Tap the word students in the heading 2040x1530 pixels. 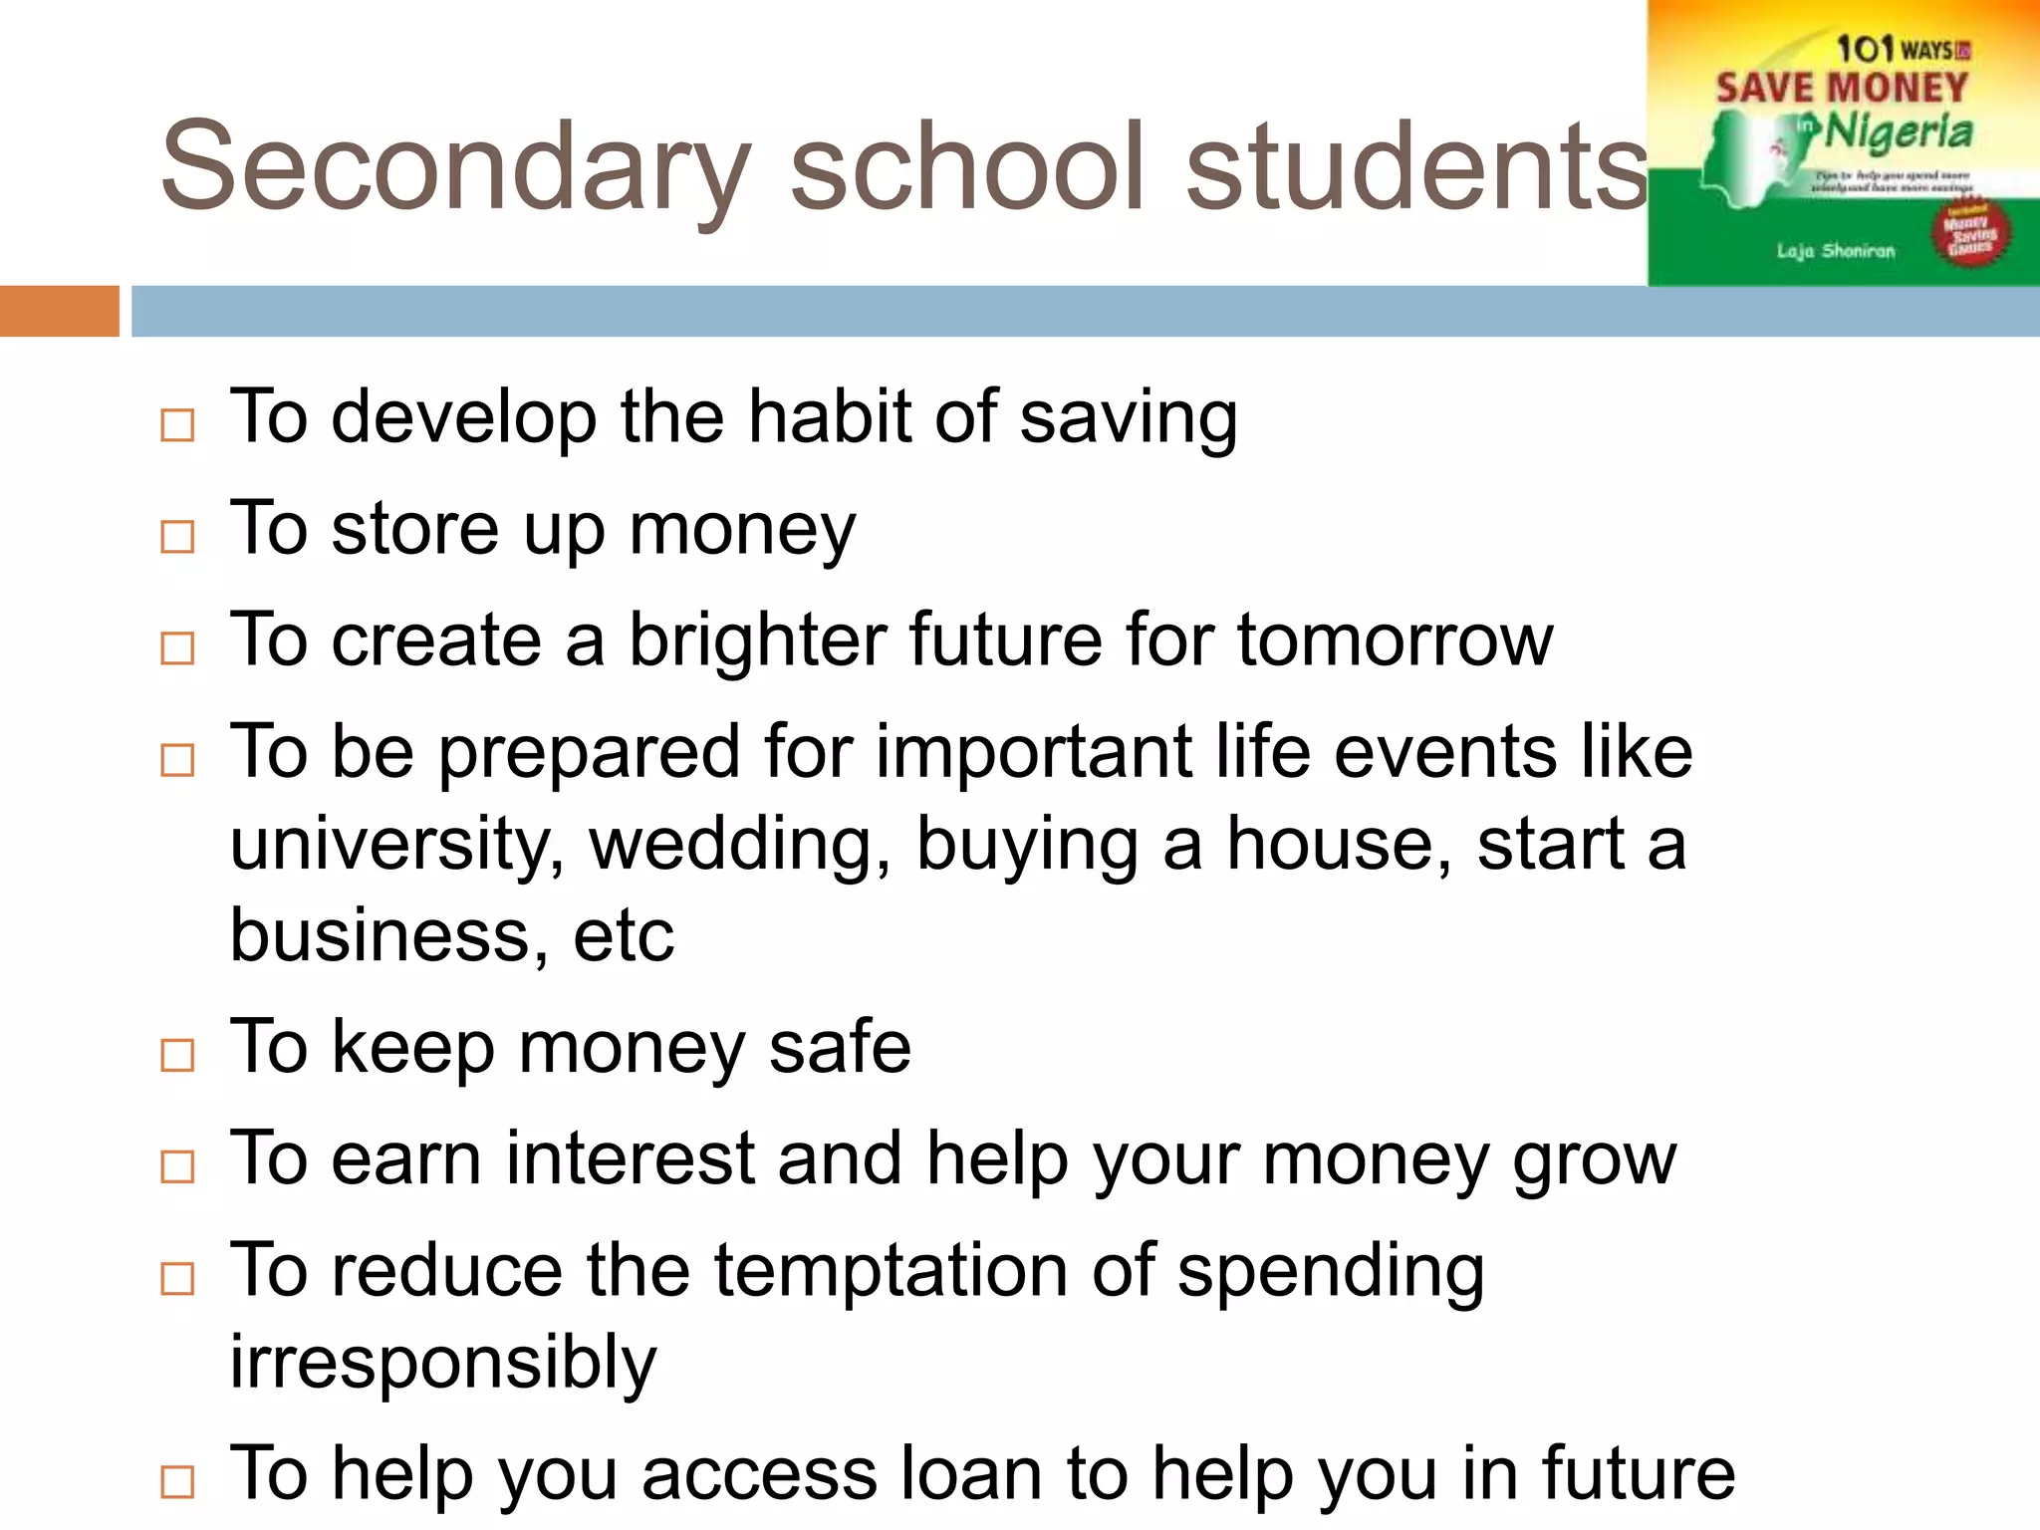[1416, 167]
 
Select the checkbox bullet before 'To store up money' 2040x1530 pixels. [177, 537]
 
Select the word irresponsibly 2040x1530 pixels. [443, 1362]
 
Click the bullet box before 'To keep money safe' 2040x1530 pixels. [177, 1055]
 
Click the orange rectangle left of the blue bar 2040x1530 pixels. [60, 311]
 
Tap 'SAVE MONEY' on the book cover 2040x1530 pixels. [1842, 88]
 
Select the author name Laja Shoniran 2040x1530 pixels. [1836, 251]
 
